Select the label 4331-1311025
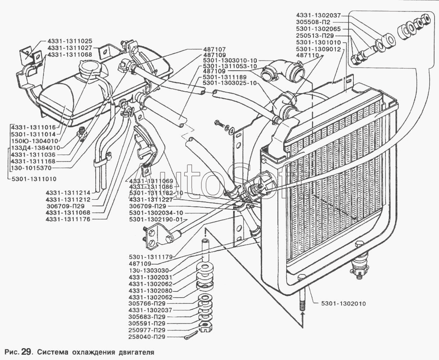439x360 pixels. [x=70, y=41]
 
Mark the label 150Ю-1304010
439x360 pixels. [x=34, y=141]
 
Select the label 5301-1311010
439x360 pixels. [x=34, y=179]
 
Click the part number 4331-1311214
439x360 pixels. [x=68, y=193]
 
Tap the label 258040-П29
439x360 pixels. [x=147, y=337]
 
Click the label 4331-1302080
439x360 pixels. [x=150, y=291]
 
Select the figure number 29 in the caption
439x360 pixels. [x=24, y=352]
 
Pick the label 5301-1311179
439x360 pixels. [x=151, y=256]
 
